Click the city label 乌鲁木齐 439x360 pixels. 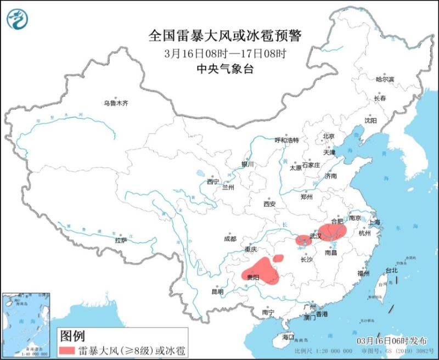[x=116, y=103]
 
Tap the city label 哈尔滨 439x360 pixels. [x=385, y=80]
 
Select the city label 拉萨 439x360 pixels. [x=121, y=240]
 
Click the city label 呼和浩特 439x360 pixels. [x=286, y=140]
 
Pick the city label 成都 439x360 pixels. [x=230, y=239]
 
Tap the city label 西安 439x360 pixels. [x=269, y=204]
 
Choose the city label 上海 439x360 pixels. [x=375, y=222]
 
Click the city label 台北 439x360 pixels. [x=391, y=271]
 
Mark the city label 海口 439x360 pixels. [x=288, y=336]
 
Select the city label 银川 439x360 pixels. [x=247, y=164]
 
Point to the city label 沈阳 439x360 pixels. [x=370, y=120]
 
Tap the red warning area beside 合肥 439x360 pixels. [x=332, y=232]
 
